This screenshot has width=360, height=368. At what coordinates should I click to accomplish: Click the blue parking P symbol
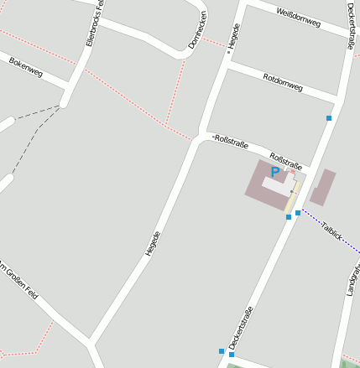click(x=274, y=172)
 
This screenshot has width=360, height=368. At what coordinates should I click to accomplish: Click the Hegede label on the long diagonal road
click(x=152, y=242)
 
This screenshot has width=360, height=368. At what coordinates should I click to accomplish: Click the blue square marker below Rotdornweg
click(x=329, y=118)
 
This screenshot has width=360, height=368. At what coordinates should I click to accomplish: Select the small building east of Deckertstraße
click(x=323, y=187)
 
